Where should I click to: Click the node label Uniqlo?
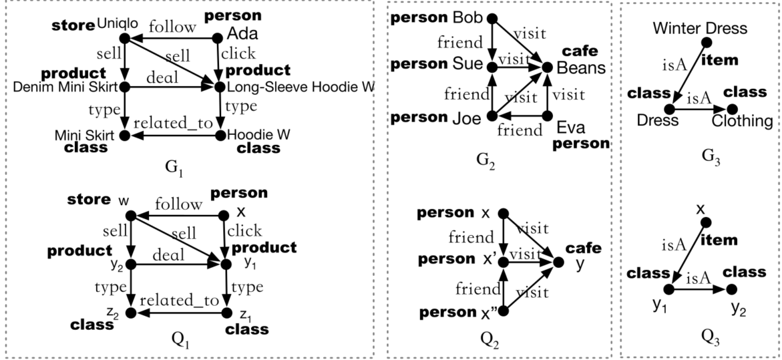point(118,25)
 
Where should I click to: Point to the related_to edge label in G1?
point(172,124)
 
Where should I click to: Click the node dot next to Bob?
point(492,19)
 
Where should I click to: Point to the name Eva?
point(572,127)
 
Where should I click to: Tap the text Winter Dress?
point(700,29)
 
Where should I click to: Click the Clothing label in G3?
point(742,121)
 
